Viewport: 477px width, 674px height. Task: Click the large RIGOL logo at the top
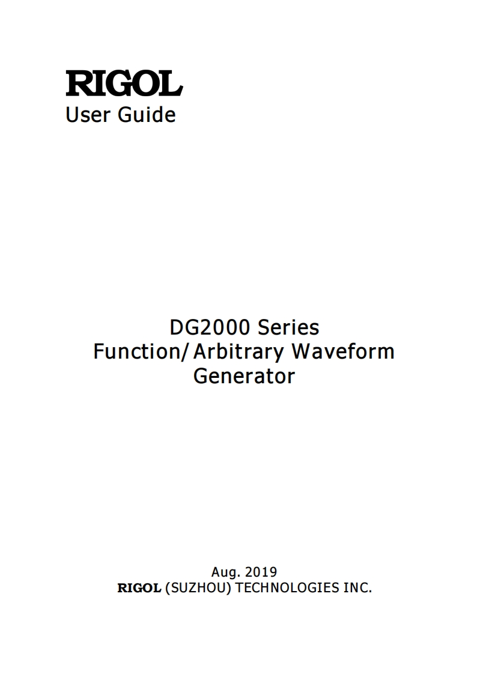pos(124,83)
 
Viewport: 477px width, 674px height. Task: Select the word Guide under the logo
pos(147,114)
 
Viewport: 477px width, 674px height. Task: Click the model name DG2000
pos(211,327)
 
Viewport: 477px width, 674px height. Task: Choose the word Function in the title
pos(136,351)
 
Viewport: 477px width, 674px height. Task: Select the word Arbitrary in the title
pos(239,352)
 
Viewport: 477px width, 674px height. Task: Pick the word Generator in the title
pos(244,377)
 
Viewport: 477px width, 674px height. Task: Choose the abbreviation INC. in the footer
pos(357,588)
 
